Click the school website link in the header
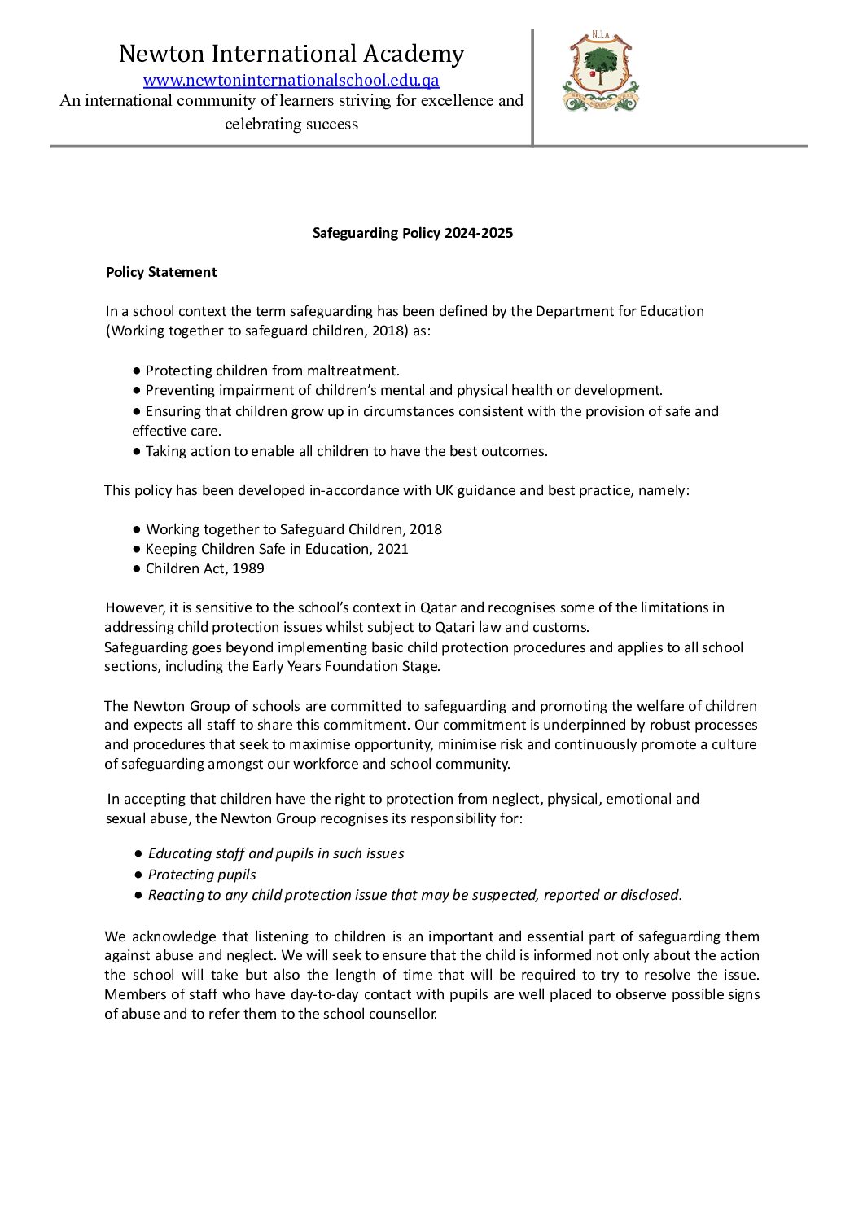pos(291,80)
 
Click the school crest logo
pos(601,72)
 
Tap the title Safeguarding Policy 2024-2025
pos(413,233)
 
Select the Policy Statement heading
pos(161,272)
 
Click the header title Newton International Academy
pos(291,54)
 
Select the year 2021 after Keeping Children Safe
pos(392,549)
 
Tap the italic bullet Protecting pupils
pos(202,875)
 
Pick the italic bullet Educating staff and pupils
pos(276,853)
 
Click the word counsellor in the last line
pos(403,1014)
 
